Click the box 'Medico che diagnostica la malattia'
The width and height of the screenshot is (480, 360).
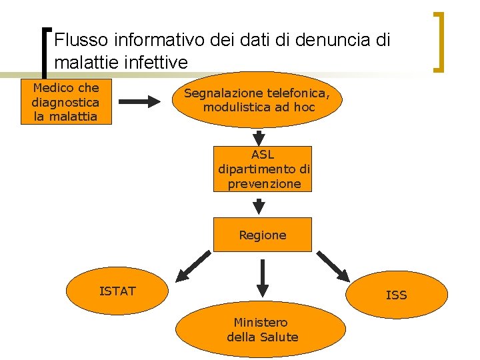point(65,102)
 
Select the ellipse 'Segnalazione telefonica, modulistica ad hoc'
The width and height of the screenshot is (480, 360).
point(263,100)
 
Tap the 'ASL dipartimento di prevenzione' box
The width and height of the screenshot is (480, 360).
point(263,169)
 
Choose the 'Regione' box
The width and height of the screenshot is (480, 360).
point(263,235)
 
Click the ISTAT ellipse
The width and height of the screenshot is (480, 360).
point(117,291)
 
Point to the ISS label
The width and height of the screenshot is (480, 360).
point(396,295)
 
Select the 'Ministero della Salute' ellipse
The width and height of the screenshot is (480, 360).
point(263,330)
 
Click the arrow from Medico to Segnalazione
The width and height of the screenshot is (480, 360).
point(140,102)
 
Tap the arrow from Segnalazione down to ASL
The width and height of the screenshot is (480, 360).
point(259,137)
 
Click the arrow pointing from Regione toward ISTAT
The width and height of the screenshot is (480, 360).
point(193,265)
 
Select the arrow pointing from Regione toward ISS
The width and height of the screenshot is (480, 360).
point(333,265)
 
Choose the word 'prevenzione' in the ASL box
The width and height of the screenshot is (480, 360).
point(264,184)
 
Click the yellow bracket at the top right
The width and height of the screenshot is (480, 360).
point(439,41)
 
